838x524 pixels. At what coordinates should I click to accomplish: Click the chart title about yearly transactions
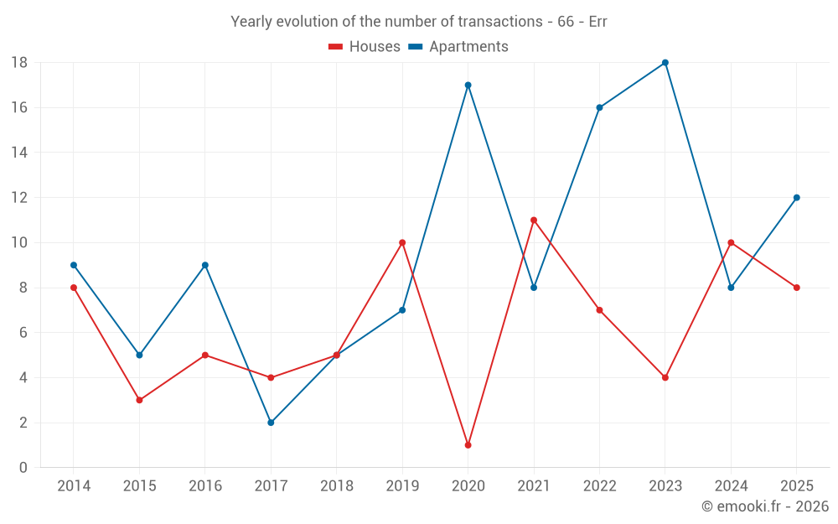point(418,22)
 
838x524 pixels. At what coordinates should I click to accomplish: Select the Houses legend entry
point(365,47)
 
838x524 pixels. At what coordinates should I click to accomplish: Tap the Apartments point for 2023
point(665,63)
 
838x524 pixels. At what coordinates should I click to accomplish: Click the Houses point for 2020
point(468,445)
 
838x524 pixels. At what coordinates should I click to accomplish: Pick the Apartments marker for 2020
point(468,85)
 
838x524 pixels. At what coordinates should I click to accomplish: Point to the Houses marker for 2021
point(534,220)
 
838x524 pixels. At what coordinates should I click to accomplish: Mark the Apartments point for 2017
point(271,423)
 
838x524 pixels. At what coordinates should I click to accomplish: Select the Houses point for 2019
point(402,243)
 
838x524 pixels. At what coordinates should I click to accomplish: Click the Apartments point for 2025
point(797,198)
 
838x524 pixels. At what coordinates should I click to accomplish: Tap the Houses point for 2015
point(139,400)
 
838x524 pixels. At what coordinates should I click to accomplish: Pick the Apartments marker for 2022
point(599,107)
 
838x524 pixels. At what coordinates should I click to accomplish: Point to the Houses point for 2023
point(665,377)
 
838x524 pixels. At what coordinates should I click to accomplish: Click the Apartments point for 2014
point(74,265)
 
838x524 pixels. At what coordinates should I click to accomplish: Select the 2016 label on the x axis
point(205,486)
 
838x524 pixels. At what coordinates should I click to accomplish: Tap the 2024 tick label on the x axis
point(731,486)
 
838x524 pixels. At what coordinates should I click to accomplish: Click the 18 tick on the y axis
point(19,63)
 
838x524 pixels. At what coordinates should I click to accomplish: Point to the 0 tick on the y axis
point(23,468)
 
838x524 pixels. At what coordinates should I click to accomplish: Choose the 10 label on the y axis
point(19,243)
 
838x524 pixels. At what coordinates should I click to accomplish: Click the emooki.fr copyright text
point(765,506)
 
